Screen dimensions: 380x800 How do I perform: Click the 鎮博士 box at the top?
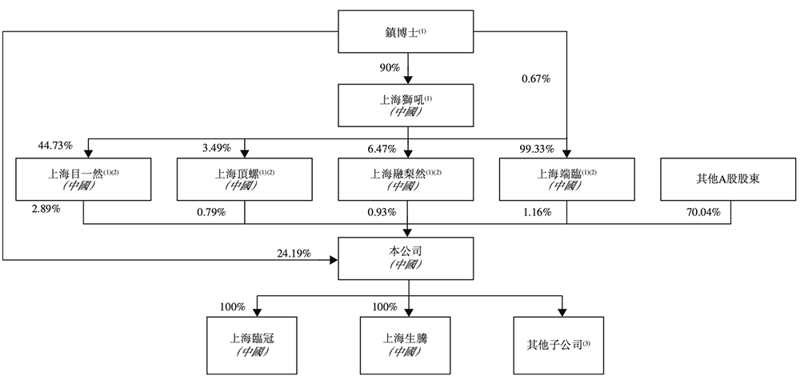(x=409, y=33)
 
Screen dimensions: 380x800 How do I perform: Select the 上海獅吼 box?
(x=409, y=105)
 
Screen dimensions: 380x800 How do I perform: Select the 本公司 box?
(x=409, y=258)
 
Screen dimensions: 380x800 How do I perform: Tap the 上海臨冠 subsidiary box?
(x=256, y=343)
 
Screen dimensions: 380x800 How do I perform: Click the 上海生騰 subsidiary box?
(x=409, y=343)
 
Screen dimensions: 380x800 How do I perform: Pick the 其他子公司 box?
(x=563, y=343)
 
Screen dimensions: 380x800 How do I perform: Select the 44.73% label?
(x=55, y=146)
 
